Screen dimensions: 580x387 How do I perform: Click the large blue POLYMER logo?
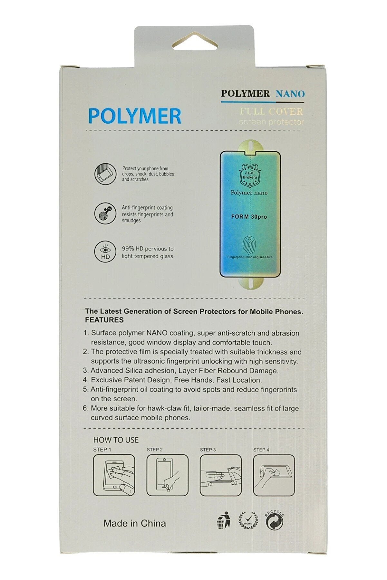[135, 116]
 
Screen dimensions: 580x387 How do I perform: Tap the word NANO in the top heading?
[290, 94]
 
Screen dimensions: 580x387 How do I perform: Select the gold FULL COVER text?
[271, 112]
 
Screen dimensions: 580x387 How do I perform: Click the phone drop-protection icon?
[105, 174]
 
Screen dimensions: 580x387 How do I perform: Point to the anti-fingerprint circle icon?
[105, 213]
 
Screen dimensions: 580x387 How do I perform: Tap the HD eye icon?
[105, 252]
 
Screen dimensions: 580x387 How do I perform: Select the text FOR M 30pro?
[249, 217]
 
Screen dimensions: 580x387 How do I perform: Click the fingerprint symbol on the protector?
[250, 245]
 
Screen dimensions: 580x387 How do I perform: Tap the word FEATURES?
[104, 320]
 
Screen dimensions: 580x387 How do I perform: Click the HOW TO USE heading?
[116, 440]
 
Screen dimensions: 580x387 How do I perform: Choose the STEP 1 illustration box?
[114, 475]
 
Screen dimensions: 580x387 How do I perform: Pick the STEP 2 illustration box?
[167, 475]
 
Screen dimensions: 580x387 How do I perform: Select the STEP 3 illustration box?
[220, 475]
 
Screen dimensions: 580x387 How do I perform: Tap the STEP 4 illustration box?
[274, 475]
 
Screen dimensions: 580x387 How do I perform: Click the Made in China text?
[135, 523]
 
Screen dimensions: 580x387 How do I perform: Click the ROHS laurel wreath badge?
[248, 520]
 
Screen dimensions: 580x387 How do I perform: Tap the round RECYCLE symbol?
[275, 520]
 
